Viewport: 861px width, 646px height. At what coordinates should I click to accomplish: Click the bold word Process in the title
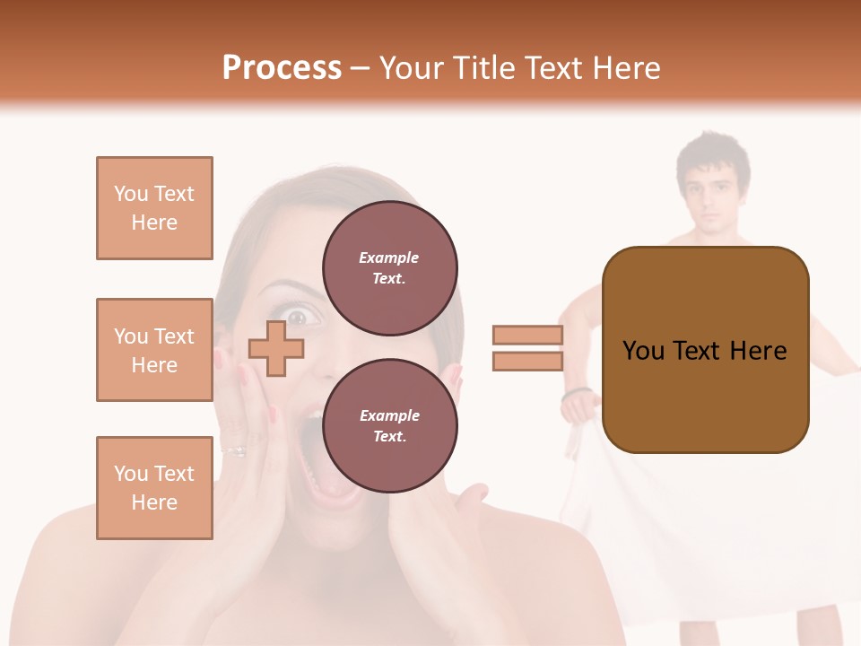click(x=282, y=68)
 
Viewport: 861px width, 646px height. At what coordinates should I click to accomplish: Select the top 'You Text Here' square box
click(x=154, y=208)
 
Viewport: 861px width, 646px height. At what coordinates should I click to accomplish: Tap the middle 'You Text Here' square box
click(x=154, y=350)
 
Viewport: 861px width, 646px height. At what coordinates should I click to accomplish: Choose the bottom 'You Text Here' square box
click(x=154, y=488)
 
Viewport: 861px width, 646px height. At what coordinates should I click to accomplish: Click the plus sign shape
click(x=275, y=347)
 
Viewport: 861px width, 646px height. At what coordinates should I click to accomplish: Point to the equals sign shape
click(x=527, y=348)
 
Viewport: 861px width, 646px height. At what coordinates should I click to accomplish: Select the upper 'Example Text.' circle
click(x=389, y=267)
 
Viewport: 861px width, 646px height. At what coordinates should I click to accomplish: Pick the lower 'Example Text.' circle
click(x=389, y=425)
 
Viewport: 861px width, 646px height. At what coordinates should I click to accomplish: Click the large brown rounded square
click(x=705, y=350)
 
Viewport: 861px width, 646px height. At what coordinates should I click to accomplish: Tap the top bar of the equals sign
click(x=527, y=336)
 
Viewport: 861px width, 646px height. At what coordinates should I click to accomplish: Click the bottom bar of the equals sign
click(x=527, y=361)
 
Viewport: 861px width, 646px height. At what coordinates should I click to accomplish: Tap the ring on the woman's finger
click(x=235, y=450)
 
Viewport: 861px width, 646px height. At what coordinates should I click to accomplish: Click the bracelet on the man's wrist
click(x=577, y=393)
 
